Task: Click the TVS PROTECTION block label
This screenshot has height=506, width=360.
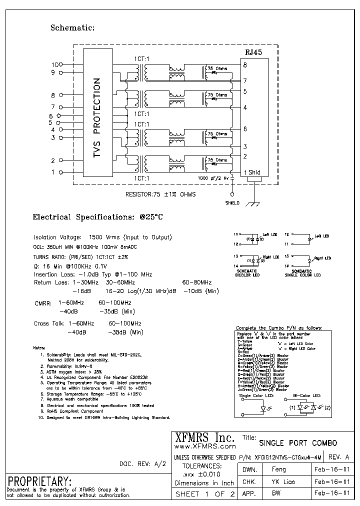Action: pyautogui.click(x=97, y=118)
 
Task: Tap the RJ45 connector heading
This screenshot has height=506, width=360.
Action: pyautogui.click(x=253, y=52)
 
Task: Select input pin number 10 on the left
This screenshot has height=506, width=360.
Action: pyautogui.click(x=54, y=64)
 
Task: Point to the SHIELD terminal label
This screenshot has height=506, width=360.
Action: pyautogui.click(x=232, y=203)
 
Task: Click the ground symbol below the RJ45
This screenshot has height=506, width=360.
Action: pyautogui.click(x=255, y=202)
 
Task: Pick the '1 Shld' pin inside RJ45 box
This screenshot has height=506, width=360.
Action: pyautogui.click(x=252, y=172)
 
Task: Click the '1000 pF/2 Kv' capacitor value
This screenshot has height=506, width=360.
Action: pyautogui.click(x=213, y=178)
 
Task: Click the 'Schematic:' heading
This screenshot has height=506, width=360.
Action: pyautogui.click(x=72, y=28)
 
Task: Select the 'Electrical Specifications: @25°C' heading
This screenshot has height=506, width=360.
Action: pyautogui.click(x=98, y=217)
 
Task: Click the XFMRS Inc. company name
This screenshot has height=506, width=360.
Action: pyautogui.click(x=203, y=436)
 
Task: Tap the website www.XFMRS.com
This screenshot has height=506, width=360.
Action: pyautogui.click(x=204, y=446)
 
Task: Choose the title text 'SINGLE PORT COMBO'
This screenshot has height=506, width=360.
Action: pyautogui.click(x=298, y=443)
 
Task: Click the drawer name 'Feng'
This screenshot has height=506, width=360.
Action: pyautogui.click(x=278, y=469)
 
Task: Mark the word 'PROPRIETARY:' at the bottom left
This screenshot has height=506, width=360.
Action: pyautogui.click(x=40, y=481)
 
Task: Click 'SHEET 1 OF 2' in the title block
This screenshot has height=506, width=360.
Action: pyautogui.click(x=205, y=494)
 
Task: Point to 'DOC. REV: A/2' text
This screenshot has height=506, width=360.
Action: pyautogui.click(x=142, y=464)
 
